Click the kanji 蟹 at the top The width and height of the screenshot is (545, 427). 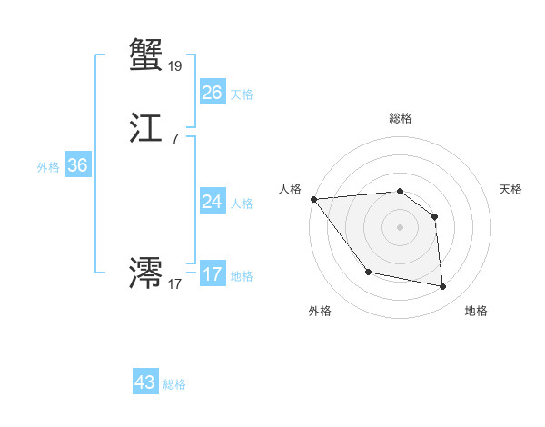(x=146, y=55)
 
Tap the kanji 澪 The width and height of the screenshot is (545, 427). (x=146, y=273)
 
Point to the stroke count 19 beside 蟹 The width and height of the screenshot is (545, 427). (x=175, y=65)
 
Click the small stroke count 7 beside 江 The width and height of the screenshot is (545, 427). (x=174, y=139)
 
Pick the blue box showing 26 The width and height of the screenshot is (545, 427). (x=212, y=93)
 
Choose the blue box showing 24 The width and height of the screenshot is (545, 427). (x=212, y=202)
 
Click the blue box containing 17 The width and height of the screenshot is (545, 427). (x=212, y=274)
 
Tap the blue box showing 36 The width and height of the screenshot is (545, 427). (x=77, y=165)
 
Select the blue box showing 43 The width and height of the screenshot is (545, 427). (x=145, y=382)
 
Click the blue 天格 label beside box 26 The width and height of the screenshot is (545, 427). (x=242, y=94)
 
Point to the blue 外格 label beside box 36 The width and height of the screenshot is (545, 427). (x=48, y=167)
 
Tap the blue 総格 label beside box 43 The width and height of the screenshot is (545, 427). (x=174, y=384)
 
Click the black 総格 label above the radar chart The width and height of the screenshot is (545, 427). (x=400, y=118)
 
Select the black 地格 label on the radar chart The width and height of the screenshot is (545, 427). (x=476, y=311)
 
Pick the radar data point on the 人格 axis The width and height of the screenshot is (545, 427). (x=313, y=199)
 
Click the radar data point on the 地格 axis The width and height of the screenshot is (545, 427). (x=443, y=287)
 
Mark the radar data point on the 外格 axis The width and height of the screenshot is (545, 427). (x=368, y=272)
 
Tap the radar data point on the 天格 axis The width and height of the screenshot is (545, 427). (x=435, y=216)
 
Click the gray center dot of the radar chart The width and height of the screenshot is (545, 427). (x=400, y=227)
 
